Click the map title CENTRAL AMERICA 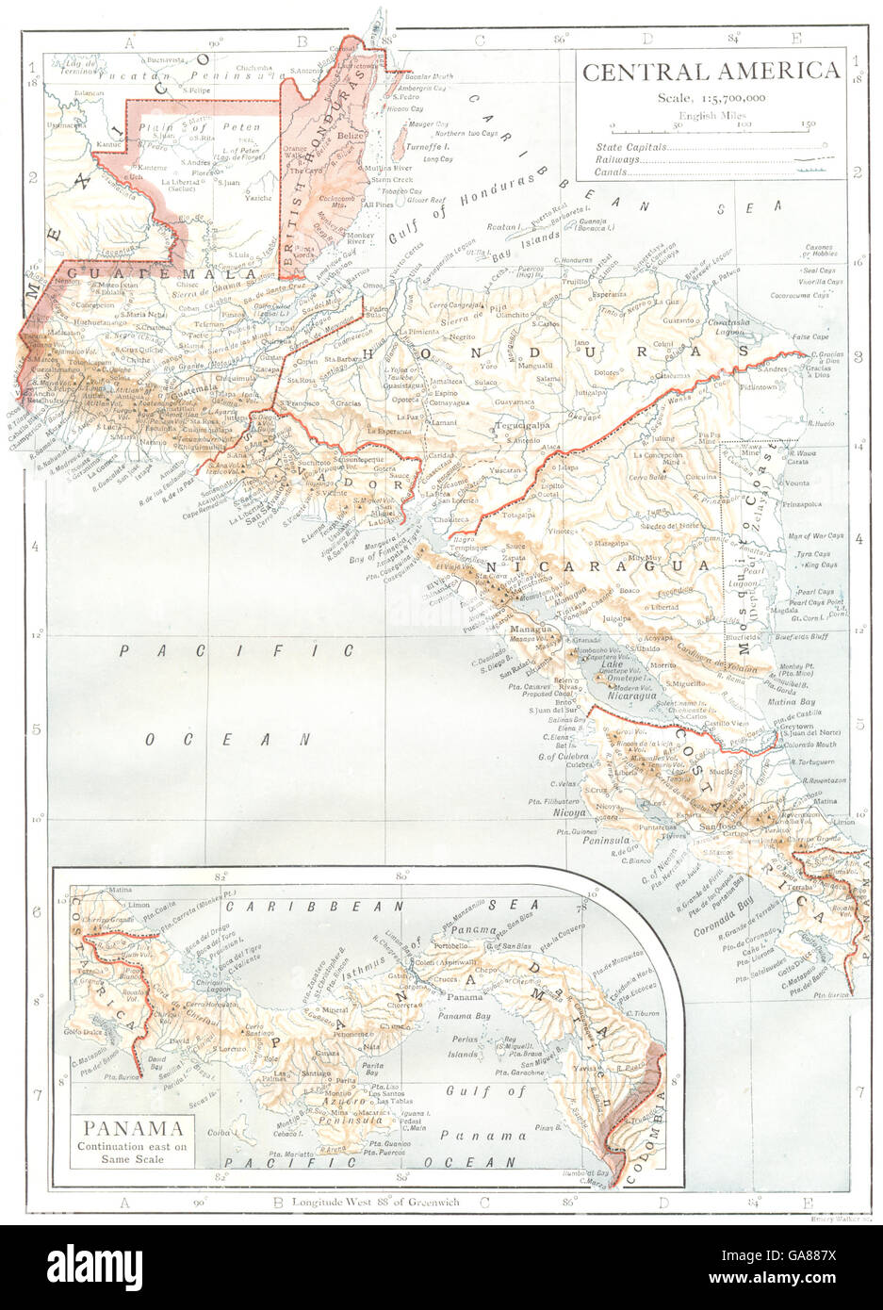point(711,72)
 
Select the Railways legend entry point(613,161)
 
